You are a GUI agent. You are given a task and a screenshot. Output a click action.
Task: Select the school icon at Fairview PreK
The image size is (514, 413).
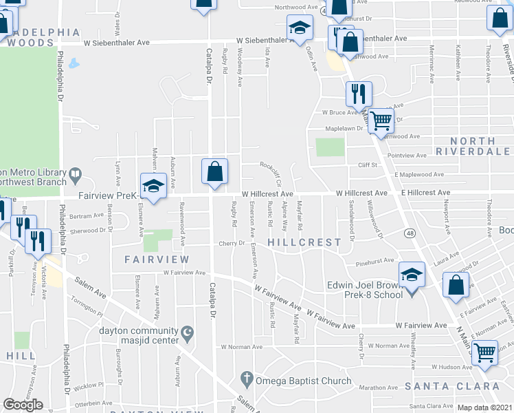tap(153, 186)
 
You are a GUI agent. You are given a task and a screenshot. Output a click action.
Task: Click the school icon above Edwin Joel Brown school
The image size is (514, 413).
tap(412, 275)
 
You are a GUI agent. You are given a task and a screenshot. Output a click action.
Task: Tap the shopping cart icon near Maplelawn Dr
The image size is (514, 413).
tap(380, 121)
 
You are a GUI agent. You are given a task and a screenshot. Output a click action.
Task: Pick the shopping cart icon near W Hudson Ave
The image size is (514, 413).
tap(486, 353)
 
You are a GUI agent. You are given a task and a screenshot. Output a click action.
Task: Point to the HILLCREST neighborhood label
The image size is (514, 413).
tap(304, 242)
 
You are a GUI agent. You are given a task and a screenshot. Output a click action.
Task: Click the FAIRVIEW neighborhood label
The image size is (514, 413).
tap(157, 260)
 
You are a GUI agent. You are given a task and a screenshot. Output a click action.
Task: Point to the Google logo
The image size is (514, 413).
tap(23, 405)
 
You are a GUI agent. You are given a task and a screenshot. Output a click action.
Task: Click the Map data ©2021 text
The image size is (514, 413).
tap(484, 407)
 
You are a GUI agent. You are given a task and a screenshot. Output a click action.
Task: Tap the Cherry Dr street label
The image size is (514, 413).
tap(232, 243)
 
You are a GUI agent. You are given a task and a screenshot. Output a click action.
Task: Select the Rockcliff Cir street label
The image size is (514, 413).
tap(271, 174)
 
